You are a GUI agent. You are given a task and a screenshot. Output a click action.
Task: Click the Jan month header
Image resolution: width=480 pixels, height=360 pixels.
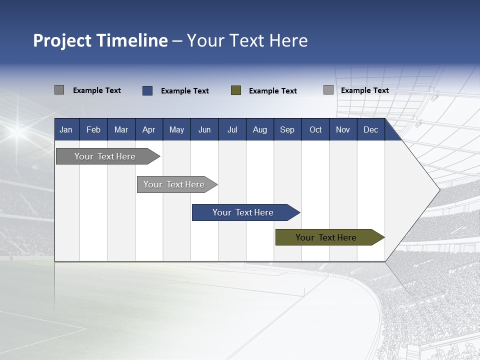coord(66,129)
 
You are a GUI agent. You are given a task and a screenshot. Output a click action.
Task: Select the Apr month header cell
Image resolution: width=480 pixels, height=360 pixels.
coord(148,129)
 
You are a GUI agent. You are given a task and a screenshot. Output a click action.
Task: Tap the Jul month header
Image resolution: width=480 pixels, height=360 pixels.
coord(232,129)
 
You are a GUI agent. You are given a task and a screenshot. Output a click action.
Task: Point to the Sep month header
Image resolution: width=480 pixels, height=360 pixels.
coord(287,129)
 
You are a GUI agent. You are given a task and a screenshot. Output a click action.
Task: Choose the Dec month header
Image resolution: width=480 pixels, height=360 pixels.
coord(370,129)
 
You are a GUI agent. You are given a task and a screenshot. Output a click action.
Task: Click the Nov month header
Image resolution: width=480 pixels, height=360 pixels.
coord(342,129)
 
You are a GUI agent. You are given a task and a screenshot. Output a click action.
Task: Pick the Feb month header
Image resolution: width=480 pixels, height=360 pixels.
coord(93,129)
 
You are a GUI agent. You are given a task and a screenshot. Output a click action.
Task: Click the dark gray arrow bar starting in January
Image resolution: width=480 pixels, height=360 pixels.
coord(105,156)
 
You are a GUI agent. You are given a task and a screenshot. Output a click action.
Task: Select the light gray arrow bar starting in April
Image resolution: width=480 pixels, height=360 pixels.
coord(174,184)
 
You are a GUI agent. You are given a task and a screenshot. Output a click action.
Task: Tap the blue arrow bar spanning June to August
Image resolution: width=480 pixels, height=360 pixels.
coord(243,212)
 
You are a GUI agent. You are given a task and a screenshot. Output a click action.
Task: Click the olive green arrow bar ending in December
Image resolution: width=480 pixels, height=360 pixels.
coord(326,237)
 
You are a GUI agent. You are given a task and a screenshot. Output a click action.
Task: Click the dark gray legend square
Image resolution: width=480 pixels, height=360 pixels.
coord(59,90)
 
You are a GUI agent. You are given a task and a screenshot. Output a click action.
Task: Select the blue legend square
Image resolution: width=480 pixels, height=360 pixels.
coord(147,90)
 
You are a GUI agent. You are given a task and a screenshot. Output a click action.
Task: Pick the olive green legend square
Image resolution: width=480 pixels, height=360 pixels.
coord(236,90)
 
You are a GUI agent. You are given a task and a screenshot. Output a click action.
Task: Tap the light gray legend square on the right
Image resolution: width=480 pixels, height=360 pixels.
coord(328,90)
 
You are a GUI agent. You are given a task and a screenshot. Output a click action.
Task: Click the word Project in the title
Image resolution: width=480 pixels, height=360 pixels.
coord(62,40)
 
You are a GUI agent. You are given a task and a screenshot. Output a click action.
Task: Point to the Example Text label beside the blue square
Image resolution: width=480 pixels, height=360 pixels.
coord(184,91)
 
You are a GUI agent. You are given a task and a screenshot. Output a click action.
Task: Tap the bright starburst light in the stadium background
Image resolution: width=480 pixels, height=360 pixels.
coord(17,131)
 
